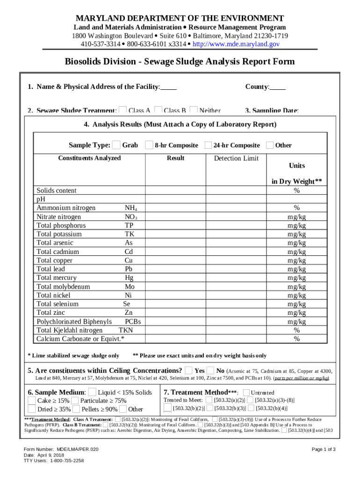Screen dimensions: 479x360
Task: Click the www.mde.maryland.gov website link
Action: (236, 44)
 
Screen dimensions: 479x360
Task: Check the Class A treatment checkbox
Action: (123, 110)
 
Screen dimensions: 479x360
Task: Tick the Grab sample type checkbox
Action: (116, 145)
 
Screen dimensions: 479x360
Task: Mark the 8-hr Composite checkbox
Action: (149, 145)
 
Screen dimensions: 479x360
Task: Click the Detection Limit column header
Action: (236, 158)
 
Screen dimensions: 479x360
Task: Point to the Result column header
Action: (175, 158)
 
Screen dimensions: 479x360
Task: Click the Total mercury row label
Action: (57, 278)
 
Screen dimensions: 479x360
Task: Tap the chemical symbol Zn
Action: (129, 312)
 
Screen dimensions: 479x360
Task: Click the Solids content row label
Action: (57, 190)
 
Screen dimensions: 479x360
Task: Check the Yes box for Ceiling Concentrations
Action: (188, 370)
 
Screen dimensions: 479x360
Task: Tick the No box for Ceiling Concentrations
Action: (210, 370)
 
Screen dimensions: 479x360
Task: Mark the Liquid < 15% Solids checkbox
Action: (92, 392)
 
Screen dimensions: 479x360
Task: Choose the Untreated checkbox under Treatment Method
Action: (247, 392)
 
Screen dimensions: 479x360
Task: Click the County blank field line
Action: (278, 87)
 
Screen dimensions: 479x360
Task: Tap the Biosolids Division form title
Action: (180, 62)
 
